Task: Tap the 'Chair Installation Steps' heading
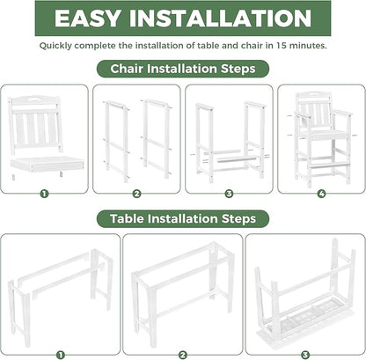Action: click(183, 68)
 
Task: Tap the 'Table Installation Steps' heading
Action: click(183, 217)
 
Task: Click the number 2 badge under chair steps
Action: click(136, 193)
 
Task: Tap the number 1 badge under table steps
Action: click(61, 355)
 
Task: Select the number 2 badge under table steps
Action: click(182, 355)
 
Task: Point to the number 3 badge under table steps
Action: click(304, 355)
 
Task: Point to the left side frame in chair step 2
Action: click(117, 137)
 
